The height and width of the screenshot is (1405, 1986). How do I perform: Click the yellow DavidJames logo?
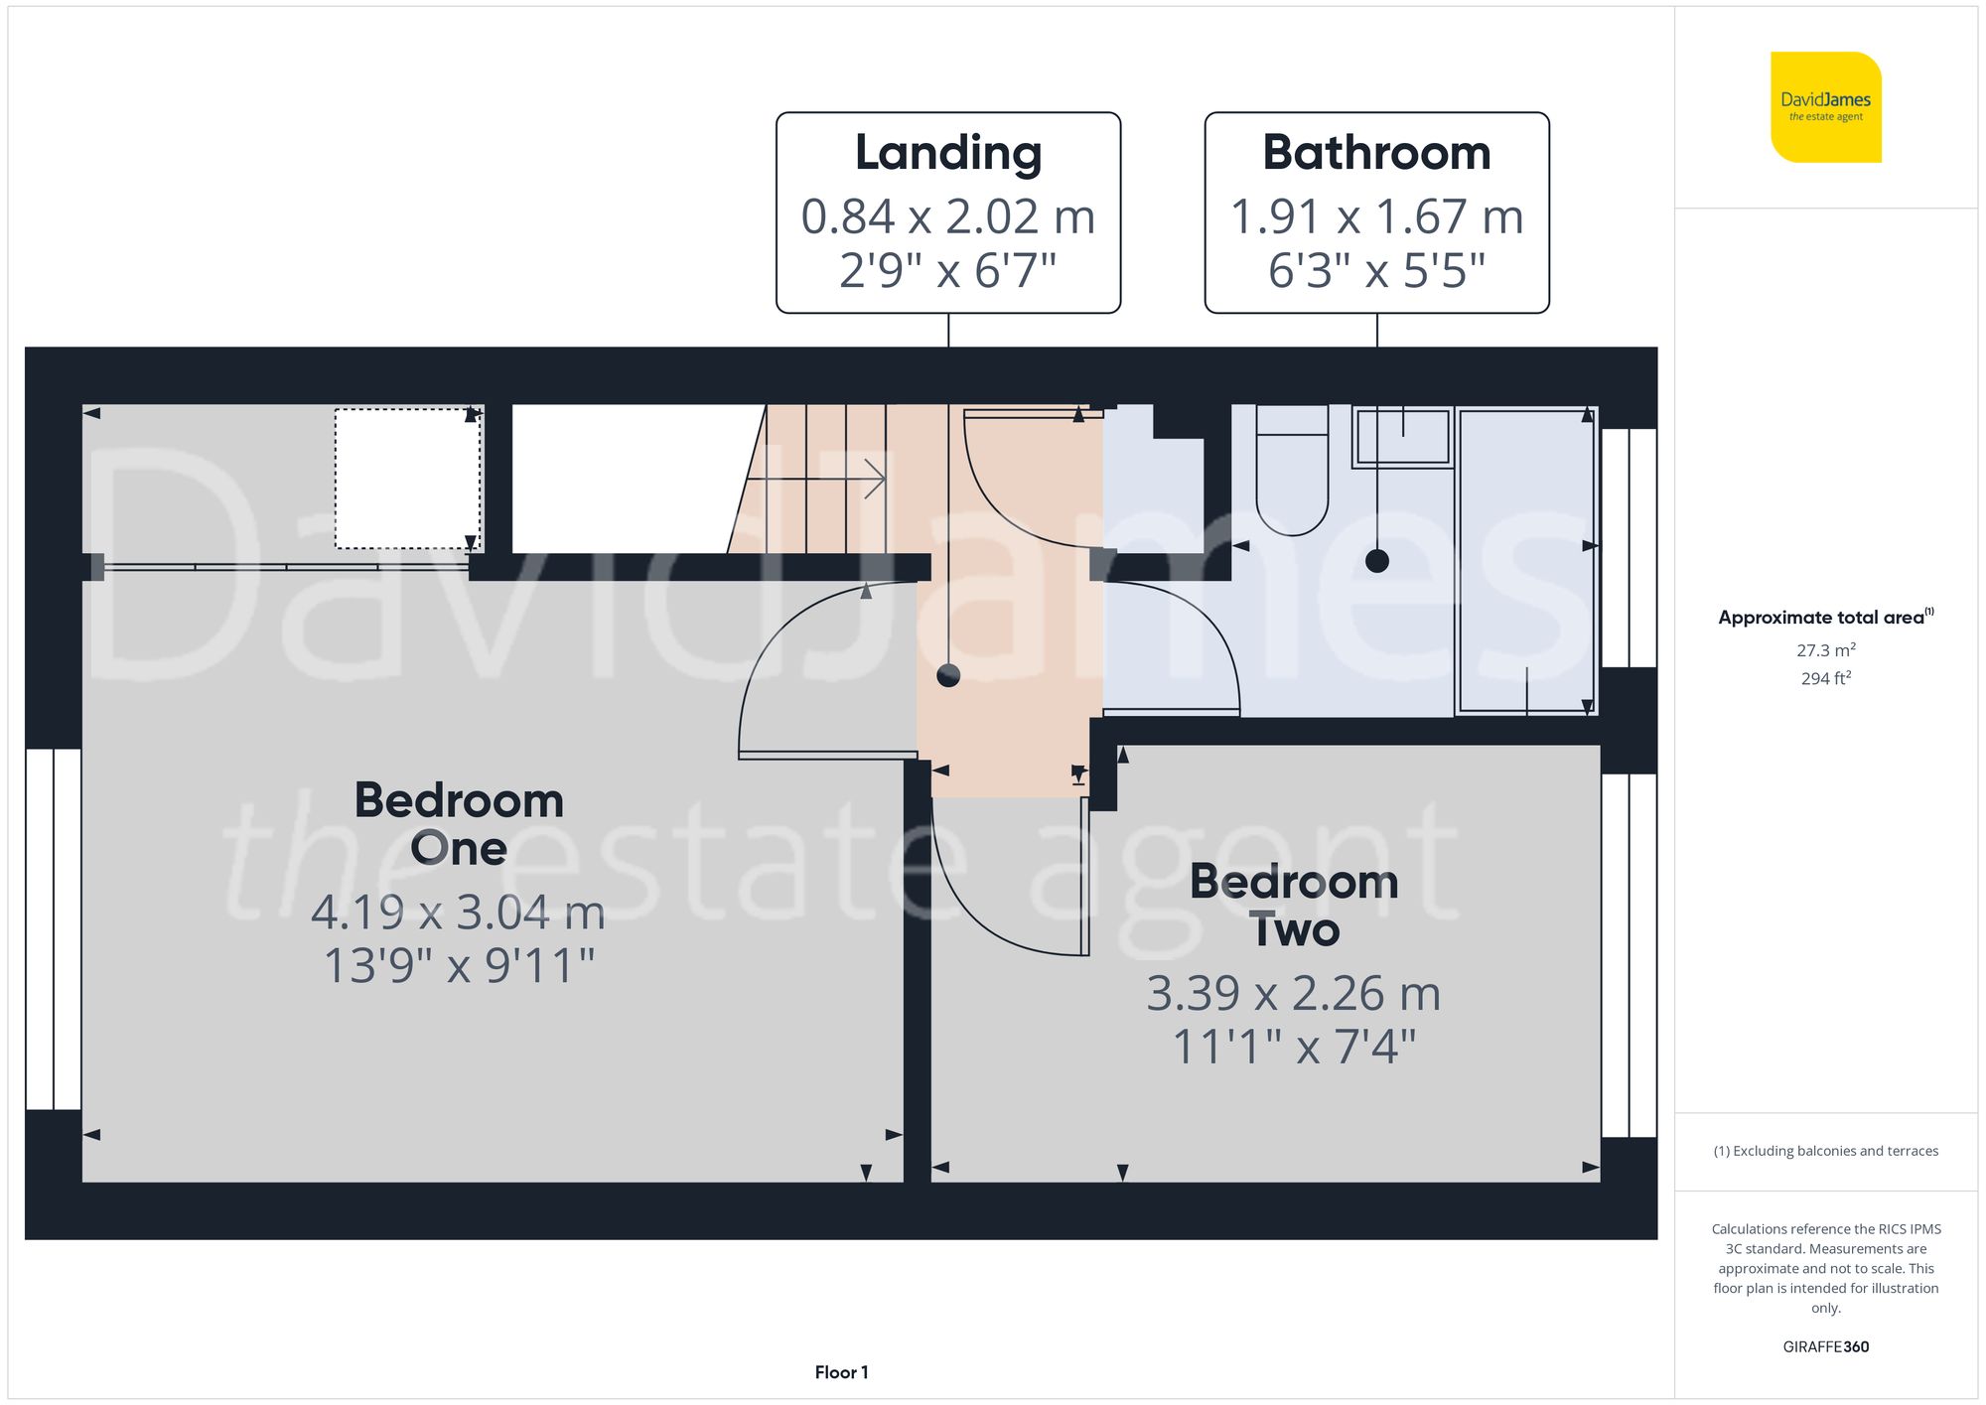click(1825, 107)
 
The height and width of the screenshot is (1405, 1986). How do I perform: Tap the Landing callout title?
click(948, 153)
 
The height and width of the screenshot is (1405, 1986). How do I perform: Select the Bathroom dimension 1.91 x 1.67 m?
click(1376, 216)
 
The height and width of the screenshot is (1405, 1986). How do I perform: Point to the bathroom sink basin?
click(1402, 437)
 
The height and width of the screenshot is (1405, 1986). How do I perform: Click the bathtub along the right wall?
click(1525, 561)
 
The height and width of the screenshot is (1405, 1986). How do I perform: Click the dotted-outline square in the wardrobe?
click(407, 478)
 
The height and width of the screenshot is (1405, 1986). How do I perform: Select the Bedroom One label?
click(459, 823)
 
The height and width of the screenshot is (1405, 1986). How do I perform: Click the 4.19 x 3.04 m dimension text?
click(458, 913)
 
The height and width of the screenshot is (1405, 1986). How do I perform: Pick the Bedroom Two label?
click(1294, 905)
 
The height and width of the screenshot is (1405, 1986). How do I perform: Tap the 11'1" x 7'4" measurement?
click(1294, 1046)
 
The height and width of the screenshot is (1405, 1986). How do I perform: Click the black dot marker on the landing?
click(948, 676)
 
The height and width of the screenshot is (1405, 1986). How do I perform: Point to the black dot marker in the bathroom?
click(1376, 561)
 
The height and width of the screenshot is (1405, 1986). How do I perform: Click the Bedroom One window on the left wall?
click(53, 928)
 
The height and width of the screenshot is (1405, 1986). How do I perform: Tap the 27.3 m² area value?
click(1825, 650)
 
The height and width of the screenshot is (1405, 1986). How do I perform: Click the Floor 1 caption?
click(841, 1372)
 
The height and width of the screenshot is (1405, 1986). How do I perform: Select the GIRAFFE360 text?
click(1825, 1346)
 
